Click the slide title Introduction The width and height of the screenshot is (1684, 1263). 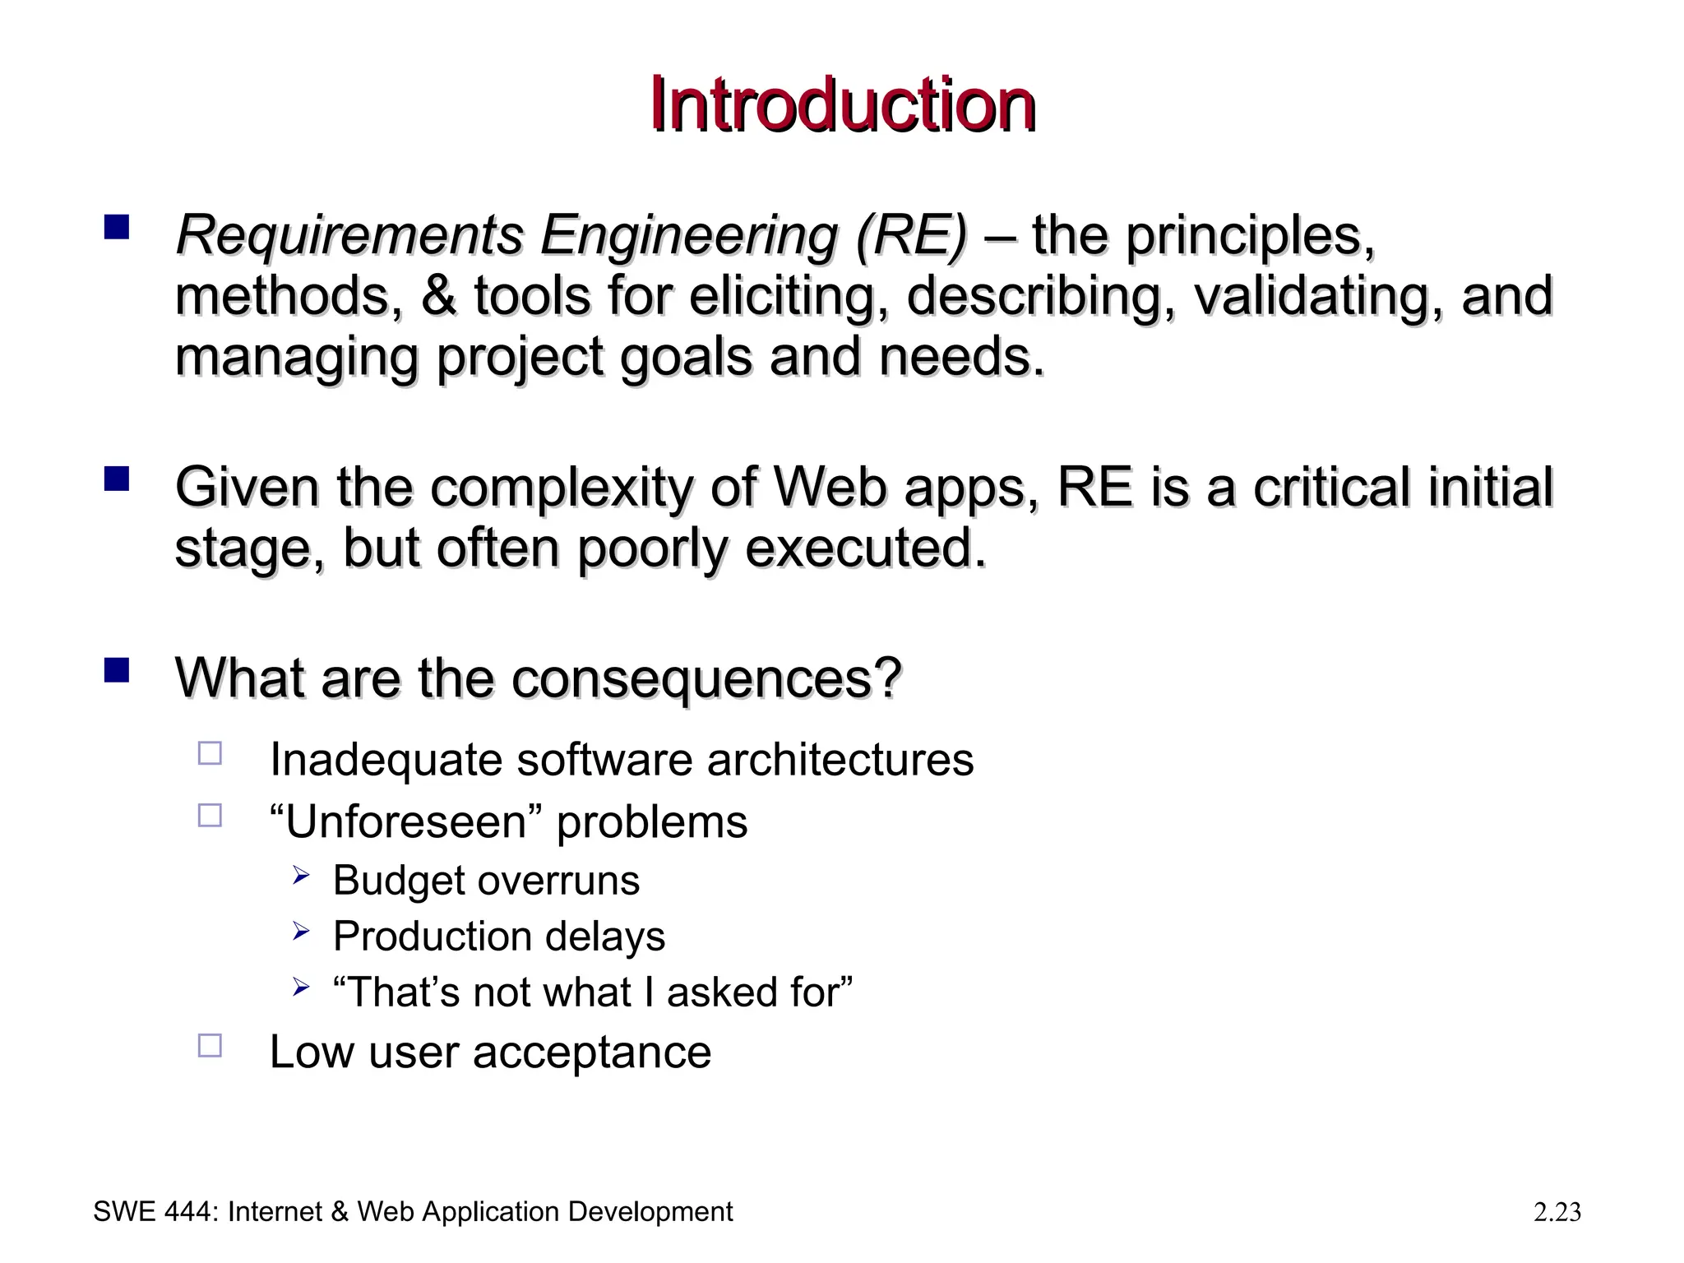click(x=842, y=105)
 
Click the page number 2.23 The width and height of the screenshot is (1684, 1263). click(x=1557, y=1212)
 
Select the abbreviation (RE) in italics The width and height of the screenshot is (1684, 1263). click(x=911, y=235)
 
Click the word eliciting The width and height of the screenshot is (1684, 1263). click(x=789, y=296)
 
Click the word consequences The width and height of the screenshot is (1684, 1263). click(x=706, y=679)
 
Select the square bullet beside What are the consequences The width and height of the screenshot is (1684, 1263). click(x=117, y=670)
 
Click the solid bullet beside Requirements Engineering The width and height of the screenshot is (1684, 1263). click(x=117, y=226)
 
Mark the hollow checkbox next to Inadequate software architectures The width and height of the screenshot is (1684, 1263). click(x=210, y=753)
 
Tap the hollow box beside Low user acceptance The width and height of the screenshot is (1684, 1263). click(x=210, y=1045)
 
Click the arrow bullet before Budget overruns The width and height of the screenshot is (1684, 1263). click(x=300, y=877)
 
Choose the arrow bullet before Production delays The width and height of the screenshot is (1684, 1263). click(x=300, y=932)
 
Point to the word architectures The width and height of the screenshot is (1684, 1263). click(x=840, y=760)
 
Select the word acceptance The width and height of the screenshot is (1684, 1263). click(x=591, y=1052)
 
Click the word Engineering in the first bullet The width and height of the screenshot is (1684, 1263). click(x=688, y=235)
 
